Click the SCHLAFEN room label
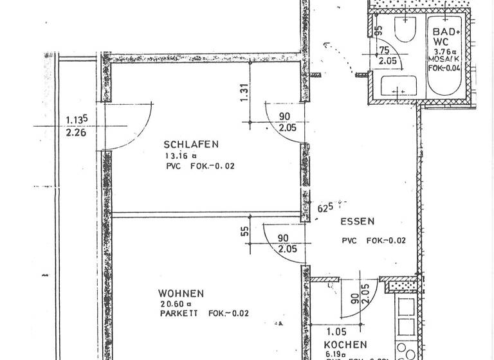click(x=192, y=144)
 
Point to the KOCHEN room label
click(x=345, y=345)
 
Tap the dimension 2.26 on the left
click(x=76, y=134)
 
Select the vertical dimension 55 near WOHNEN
click(x=245, y=231)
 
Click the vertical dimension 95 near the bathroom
click(x=378, y=31)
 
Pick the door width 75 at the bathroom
click(x=385, y=51)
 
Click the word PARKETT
click(x=179, y=314)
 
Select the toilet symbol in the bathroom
click(x=405, y=30)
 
